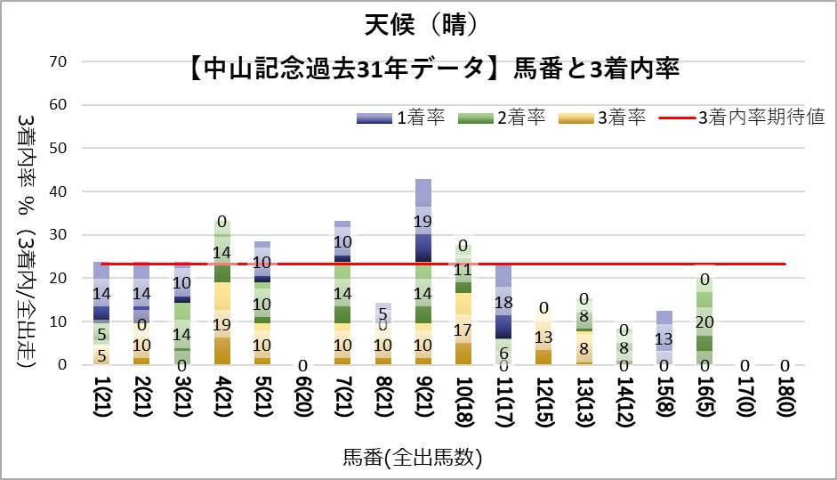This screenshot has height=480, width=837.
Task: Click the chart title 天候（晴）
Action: click(417, 24)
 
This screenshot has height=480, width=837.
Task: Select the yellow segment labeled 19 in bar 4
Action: click(222, 323)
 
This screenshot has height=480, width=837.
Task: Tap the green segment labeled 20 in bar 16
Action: click(704, 321)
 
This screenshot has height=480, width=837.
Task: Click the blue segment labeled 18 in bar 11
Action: click(503, 302)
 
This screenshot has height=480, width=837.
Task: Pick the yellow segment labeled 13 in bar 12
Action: click(543, 337)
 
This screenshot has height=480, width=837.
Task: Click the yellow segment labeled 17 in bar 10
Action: click(463, 329)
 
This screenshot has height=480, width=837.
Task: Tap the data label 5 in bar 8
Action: click(383, 313)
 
